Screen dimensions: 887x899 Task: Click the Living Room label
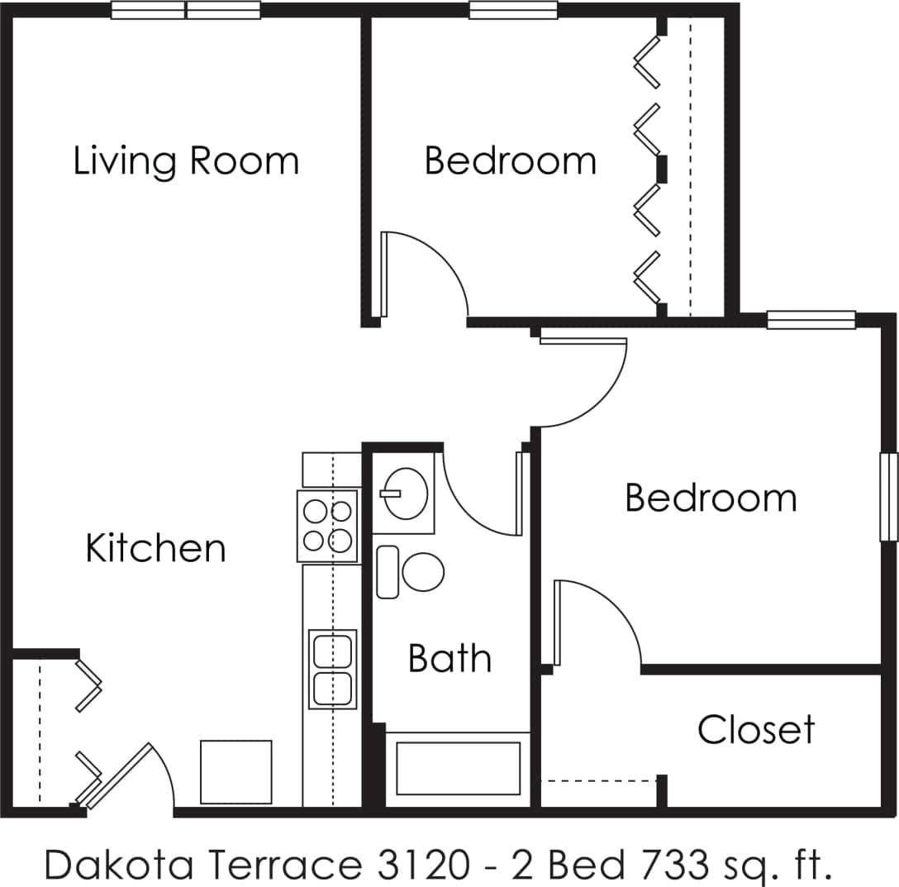[186, 160]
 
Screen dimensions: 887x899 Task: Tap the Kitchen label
[155, 548]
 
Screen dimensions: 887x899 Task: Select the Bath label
[449, 659]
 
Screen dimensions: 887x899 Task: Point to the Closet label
[756, 730]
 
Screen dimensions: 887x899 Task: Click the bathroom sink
[404, 494]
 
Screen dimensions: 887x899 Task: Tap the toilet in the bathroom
[411, 571]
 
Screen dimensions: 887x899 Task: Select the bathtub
[458, 768]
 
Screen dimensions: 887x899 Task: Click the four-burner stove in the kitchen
[328, 526]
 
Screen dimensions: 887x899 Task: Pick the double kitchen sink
[332, 669]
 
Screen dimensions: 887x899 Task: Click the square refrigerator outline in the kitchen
[236, 771]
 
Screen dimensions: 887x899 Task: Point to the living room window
[186, 11]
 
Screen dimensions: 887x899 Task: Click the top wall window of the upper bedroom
[513, 11]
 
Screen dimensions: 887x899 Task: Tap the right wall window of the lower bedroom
[888, 496]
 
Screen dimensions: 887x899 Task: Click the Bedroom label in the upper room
[510, 160]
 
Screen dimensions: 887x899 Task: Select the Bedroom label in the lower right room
[711, 498]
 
